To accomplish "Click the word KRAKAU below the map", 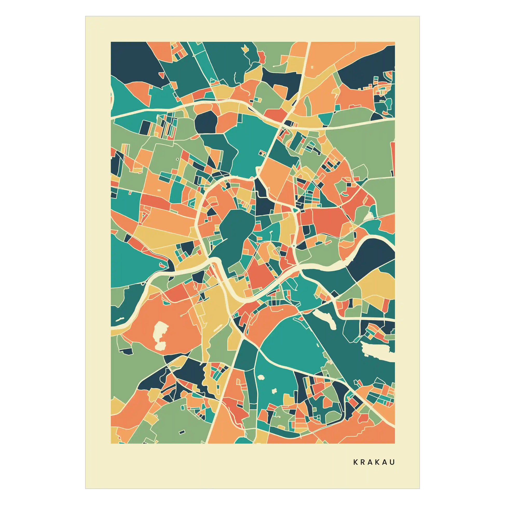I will (x=374, y=462).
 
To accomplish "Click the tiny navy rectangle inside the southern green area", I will (x=182, y=432).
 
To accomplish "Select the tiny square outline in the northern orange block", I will (x=312, y=67).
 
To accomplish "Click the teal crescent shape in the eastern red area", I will (x=345, y=195).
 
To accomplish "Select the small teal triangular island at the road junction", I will (x=296, y=210).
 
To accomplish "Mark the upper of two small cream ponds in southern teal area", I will (x=261, y=377).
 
